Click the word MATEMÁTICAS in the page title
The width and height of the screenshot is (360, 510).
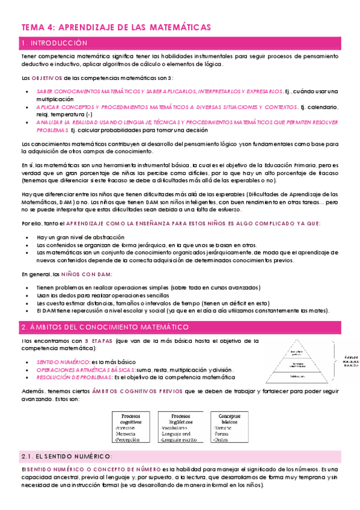coord(177,27)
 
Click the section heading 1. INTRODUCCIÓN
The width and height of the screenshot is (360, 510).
coord(54,43)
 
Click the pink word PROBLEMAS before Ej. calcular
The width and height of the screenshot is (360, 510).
coord(52,130)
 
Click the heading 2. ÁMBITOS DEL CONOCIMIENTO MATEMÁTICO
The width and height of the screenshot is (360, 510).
coord(105,327)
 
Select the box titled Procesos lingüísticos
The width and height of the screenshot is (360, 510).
coord(181,419)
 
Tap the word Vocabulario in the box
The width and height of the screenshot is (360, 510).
coord(178,427)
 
